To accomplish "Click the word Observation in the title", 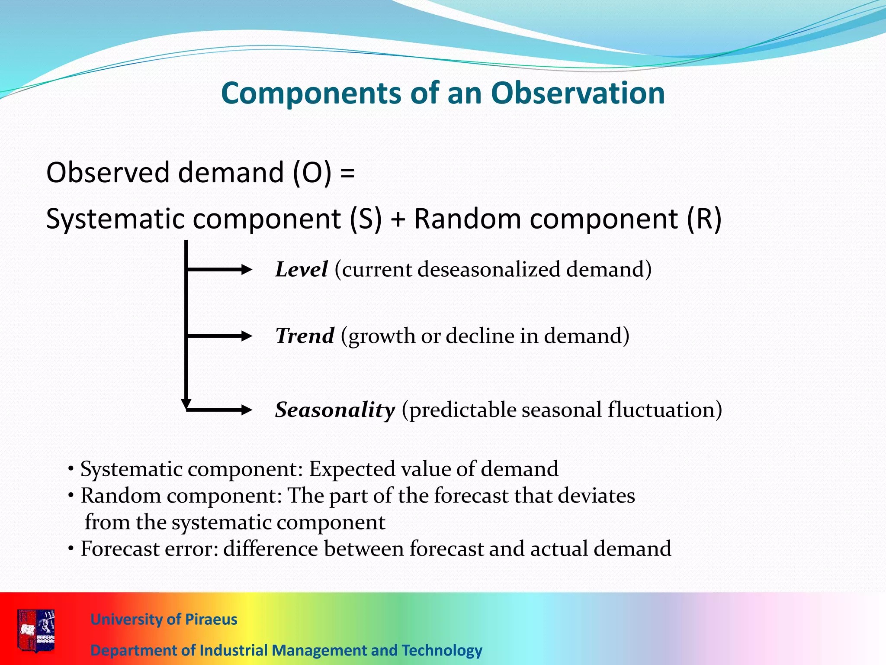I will [578, 93].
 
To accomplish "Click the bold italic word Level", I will [302, 269].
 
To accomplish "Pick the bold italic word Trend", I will [305, 336].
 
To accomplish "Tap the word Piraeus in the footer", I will [211, 620].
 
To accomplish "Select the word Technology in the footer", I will [442, 650].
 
